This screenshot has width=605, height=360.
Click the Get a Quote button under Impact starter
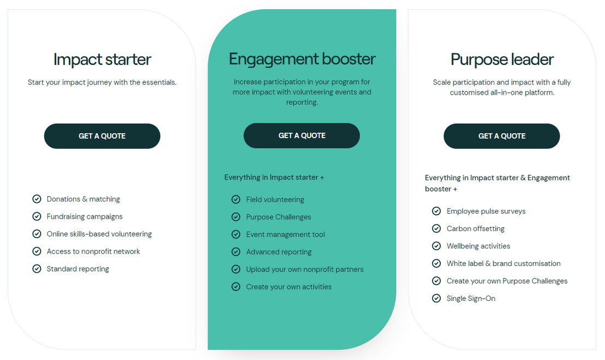click(102, 136)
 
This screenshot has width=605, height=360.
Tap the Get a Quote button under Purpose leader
click(502, 136)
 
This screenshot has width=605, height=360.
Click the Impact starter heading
click(102, 60)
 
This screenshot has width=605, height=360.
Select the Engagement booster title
click(302, 60)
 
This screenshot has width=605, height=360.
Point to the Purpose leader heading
click(502, 60)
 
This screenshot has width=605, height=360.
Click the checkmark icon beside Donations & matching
click(37, 199)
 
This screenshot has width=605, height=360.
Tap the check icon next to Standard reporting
click(37, 269)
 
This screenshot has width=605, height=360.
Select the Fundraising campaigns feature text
click(85, 216)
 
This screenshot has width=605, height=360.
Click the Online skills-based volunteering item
click(99, 234)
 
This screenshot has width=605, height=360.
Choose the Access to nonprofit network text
click(93, 251)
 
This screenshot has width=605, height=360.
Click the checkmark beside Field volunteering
click(236, 199)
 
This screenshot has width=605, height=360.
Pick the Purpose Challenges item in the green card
click(278, 217)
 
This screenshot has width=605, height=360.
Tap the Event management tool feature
click(286, 234)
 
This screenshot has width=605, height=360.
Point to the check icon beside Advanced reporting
click(236, 252)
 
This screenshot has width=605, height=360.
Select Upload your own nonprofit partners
click(305, 269)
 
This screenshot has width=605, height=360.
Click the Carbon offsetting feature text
click(476, 228)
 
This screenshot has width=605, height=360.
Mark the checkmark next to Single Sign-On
click(436, 298)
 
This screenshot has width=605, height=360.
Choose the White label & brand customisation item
click(503, 263)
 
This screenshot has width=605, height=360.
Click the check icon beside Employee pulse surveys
click(436, 211)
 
